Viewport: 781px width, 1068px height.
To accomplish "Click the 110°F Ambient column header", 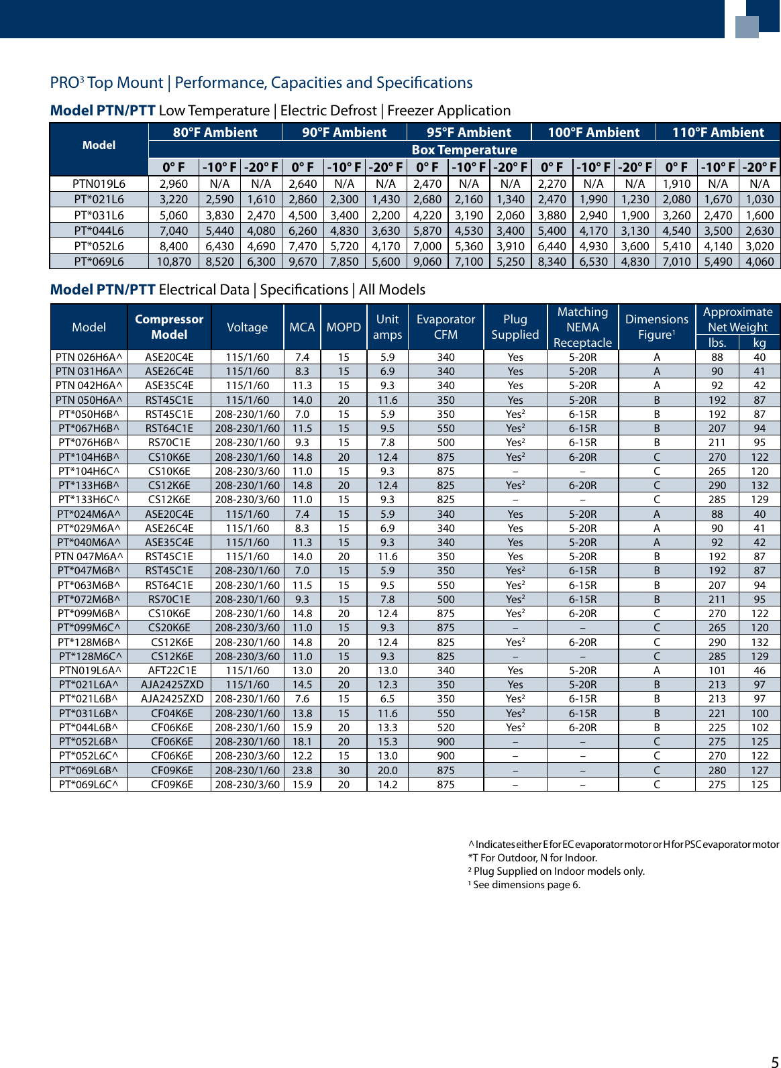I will pyautogui.click(x=718, y=132).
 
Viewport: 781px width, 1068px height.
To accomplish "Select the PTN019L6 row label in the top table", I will pyautogui.click(x=99, y=183).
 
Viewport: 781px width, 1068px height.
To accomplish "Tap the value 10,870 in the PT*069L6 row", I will pyautogui.click(x=174, y=262).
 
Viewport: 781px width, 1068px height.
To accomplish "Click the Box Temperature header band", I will pyautogui.click(x=464, y=150).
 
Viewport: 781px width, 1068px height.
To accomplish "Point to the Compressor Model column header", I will pyautogui.click(x=169, y=327).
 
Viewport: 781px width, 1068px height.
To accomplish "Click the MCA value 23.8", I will pyautogui.click(x=302, y=770).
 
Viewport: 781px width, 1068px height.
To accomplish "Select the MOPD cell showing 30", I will pyautogui.click(x=344, y=770).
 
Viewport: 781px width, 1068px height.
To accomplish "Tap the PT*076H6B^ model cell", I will pyautogui.click(x=89, y=442).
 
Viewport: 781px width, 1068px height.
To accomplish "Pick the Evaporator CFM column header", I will pyautogui.click(x=446, y=327).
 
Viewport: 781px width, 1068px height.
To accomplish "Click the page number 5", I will pyautogui.click(x=774, y=1061).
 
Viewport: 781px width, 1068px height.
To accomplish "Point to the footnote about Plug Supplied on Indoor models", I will pyautogui.click(x=556, y=871).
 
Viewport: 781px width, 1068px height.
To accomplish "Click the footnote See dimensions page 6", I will pyautogui.click(x=524, y=884).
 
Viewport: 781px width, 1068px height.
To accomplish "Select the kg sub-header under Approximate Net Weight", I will pyautogui.click(x=759, y=342).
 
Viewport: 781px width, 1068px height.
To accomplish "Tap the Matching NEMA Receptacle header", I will pyautogui.click(x=582, y=327).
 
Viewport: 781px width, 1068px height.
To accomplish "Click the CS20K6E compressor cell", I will pyautogui.click(x=169, y=627).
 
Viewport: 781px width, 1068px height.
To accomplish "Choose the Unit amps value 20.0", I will pyautogui.click(x=387, y=770).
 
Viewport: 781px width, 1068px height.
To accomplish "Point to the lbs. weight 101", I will pyautogui.click(x=717, y=670).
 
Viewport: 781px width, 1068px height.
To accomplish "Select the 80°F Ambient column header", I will pyautogui.click(x=215, y=132).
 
